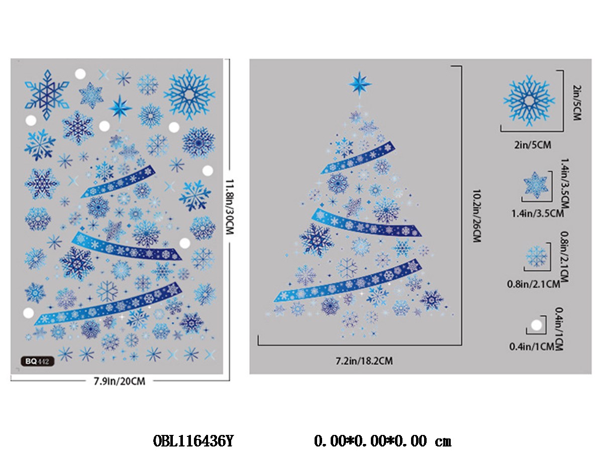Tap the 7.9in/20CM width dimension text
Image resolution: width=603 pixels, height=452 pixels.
click(119, 381)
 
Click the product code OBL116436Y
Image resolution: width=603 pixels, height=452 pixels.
click(193, 441)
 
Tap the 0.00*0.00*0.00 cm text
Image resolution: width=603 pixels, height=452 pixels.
click(382, 441)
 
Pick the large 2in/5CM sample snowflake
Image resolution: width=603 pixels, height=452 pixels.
click(529, 100)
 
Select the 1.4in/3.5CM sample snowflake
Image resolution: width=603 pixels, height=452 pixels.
click(536, 185)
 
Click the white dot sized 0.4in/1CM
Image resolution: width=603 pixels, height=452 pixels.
click(536, 325)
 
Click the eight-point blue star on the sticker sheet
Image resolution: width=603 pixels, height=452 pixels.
click(121, 106)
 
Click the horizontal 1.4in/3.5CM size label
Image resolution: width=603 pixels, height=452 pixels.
click(537, 213)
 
